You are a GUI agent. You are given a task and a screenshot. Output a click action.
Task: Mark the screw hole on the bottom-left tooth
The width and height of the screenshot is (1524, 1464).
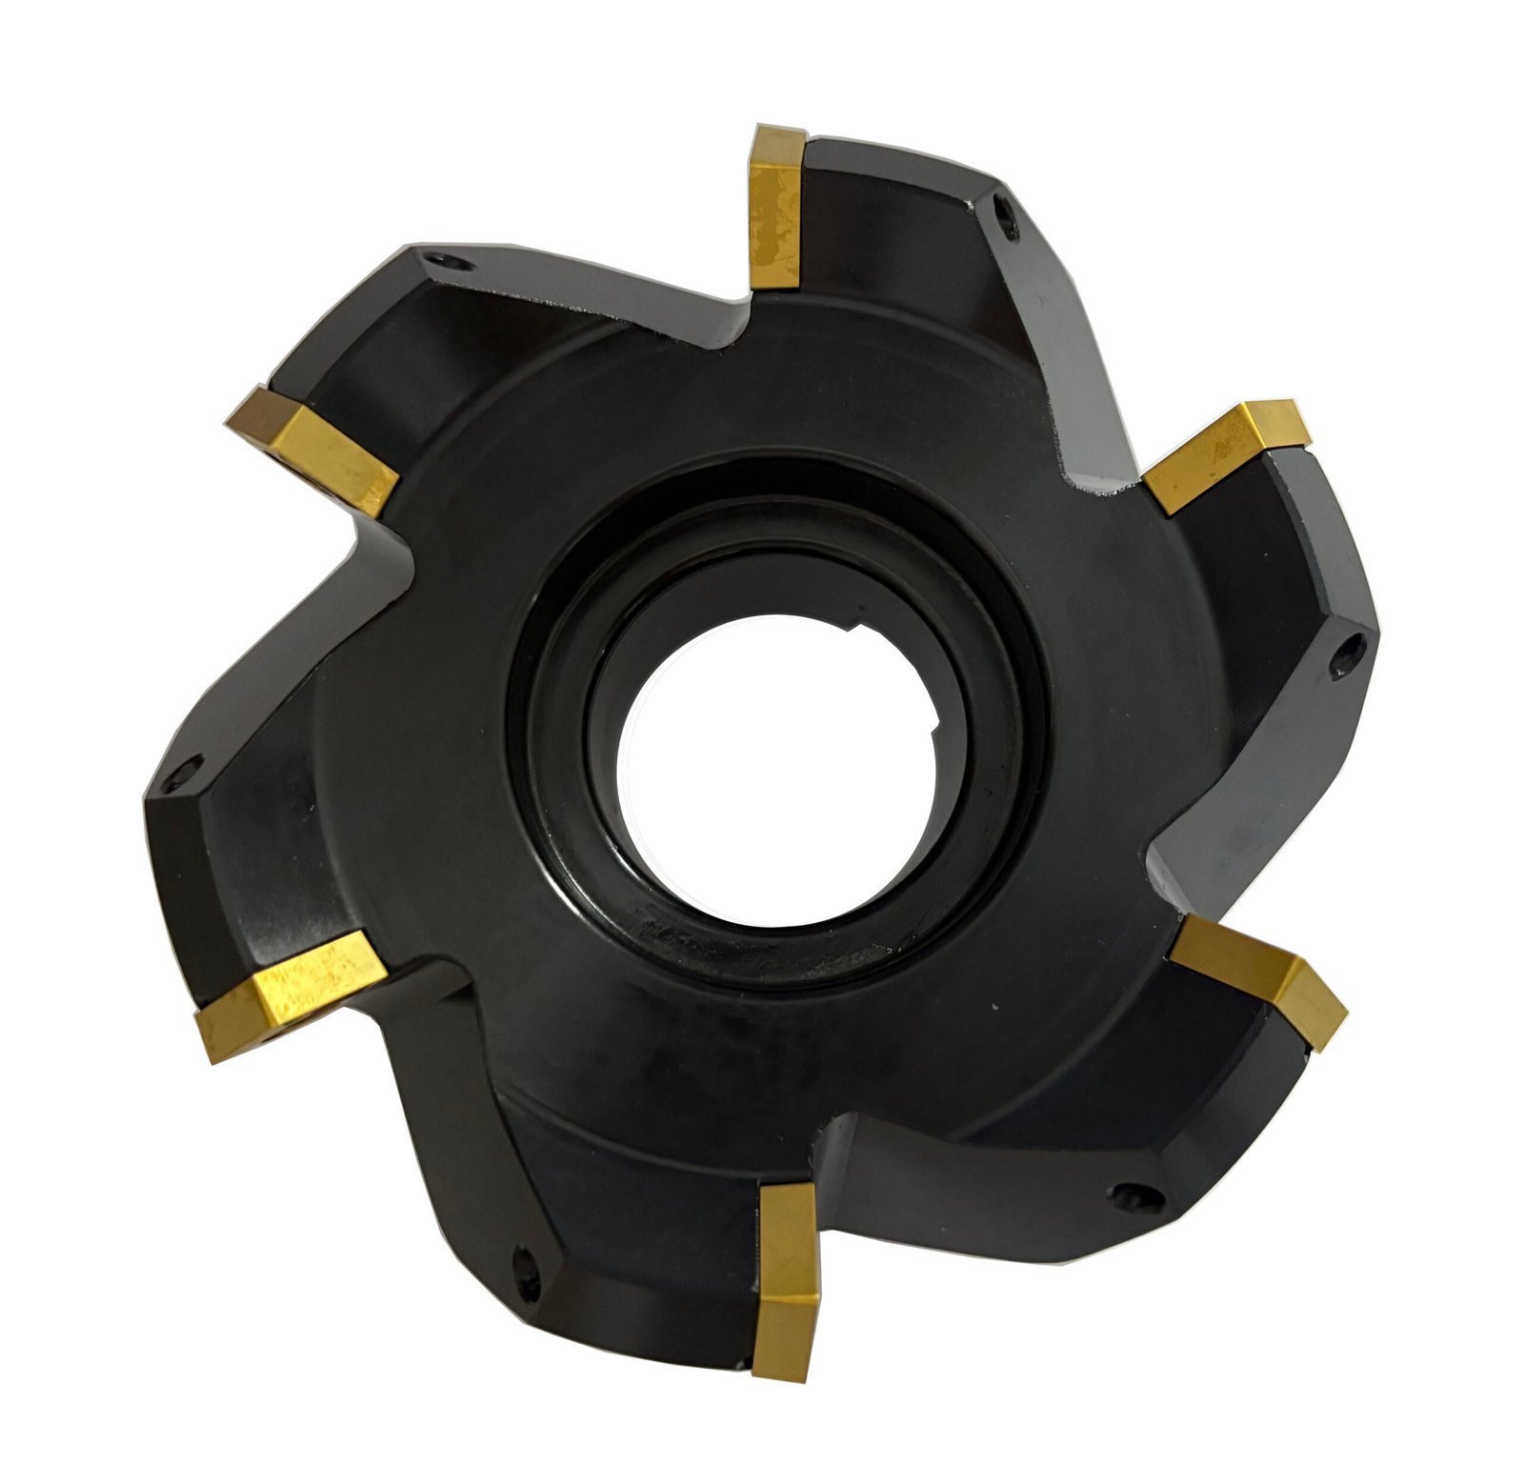[x=521, y=1266]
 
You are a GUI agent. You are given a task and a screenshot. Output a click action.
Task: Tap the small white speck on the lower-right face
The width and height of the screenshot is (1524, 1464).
[x=993, y=1009]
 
